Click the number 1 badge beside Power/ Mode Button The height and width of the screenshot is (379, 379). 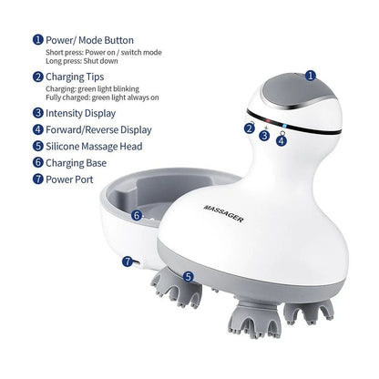coord(38,40)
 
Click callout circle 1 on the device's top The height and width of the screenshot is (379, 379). coord(311,77)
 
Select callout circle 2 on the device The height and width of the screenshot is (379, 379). coord(249,128)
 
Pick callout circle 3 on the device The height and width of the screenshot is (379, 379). coord(264,135)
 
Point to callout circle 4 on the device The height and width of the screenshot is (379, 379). coord(282,140)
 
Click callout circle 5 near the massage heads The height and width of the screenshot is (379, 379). coord(188,276)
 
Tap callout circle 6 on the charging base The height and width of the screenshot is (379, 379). coord(136,216)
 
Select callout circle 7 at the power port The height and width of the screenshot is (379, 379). coord(126,260)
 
